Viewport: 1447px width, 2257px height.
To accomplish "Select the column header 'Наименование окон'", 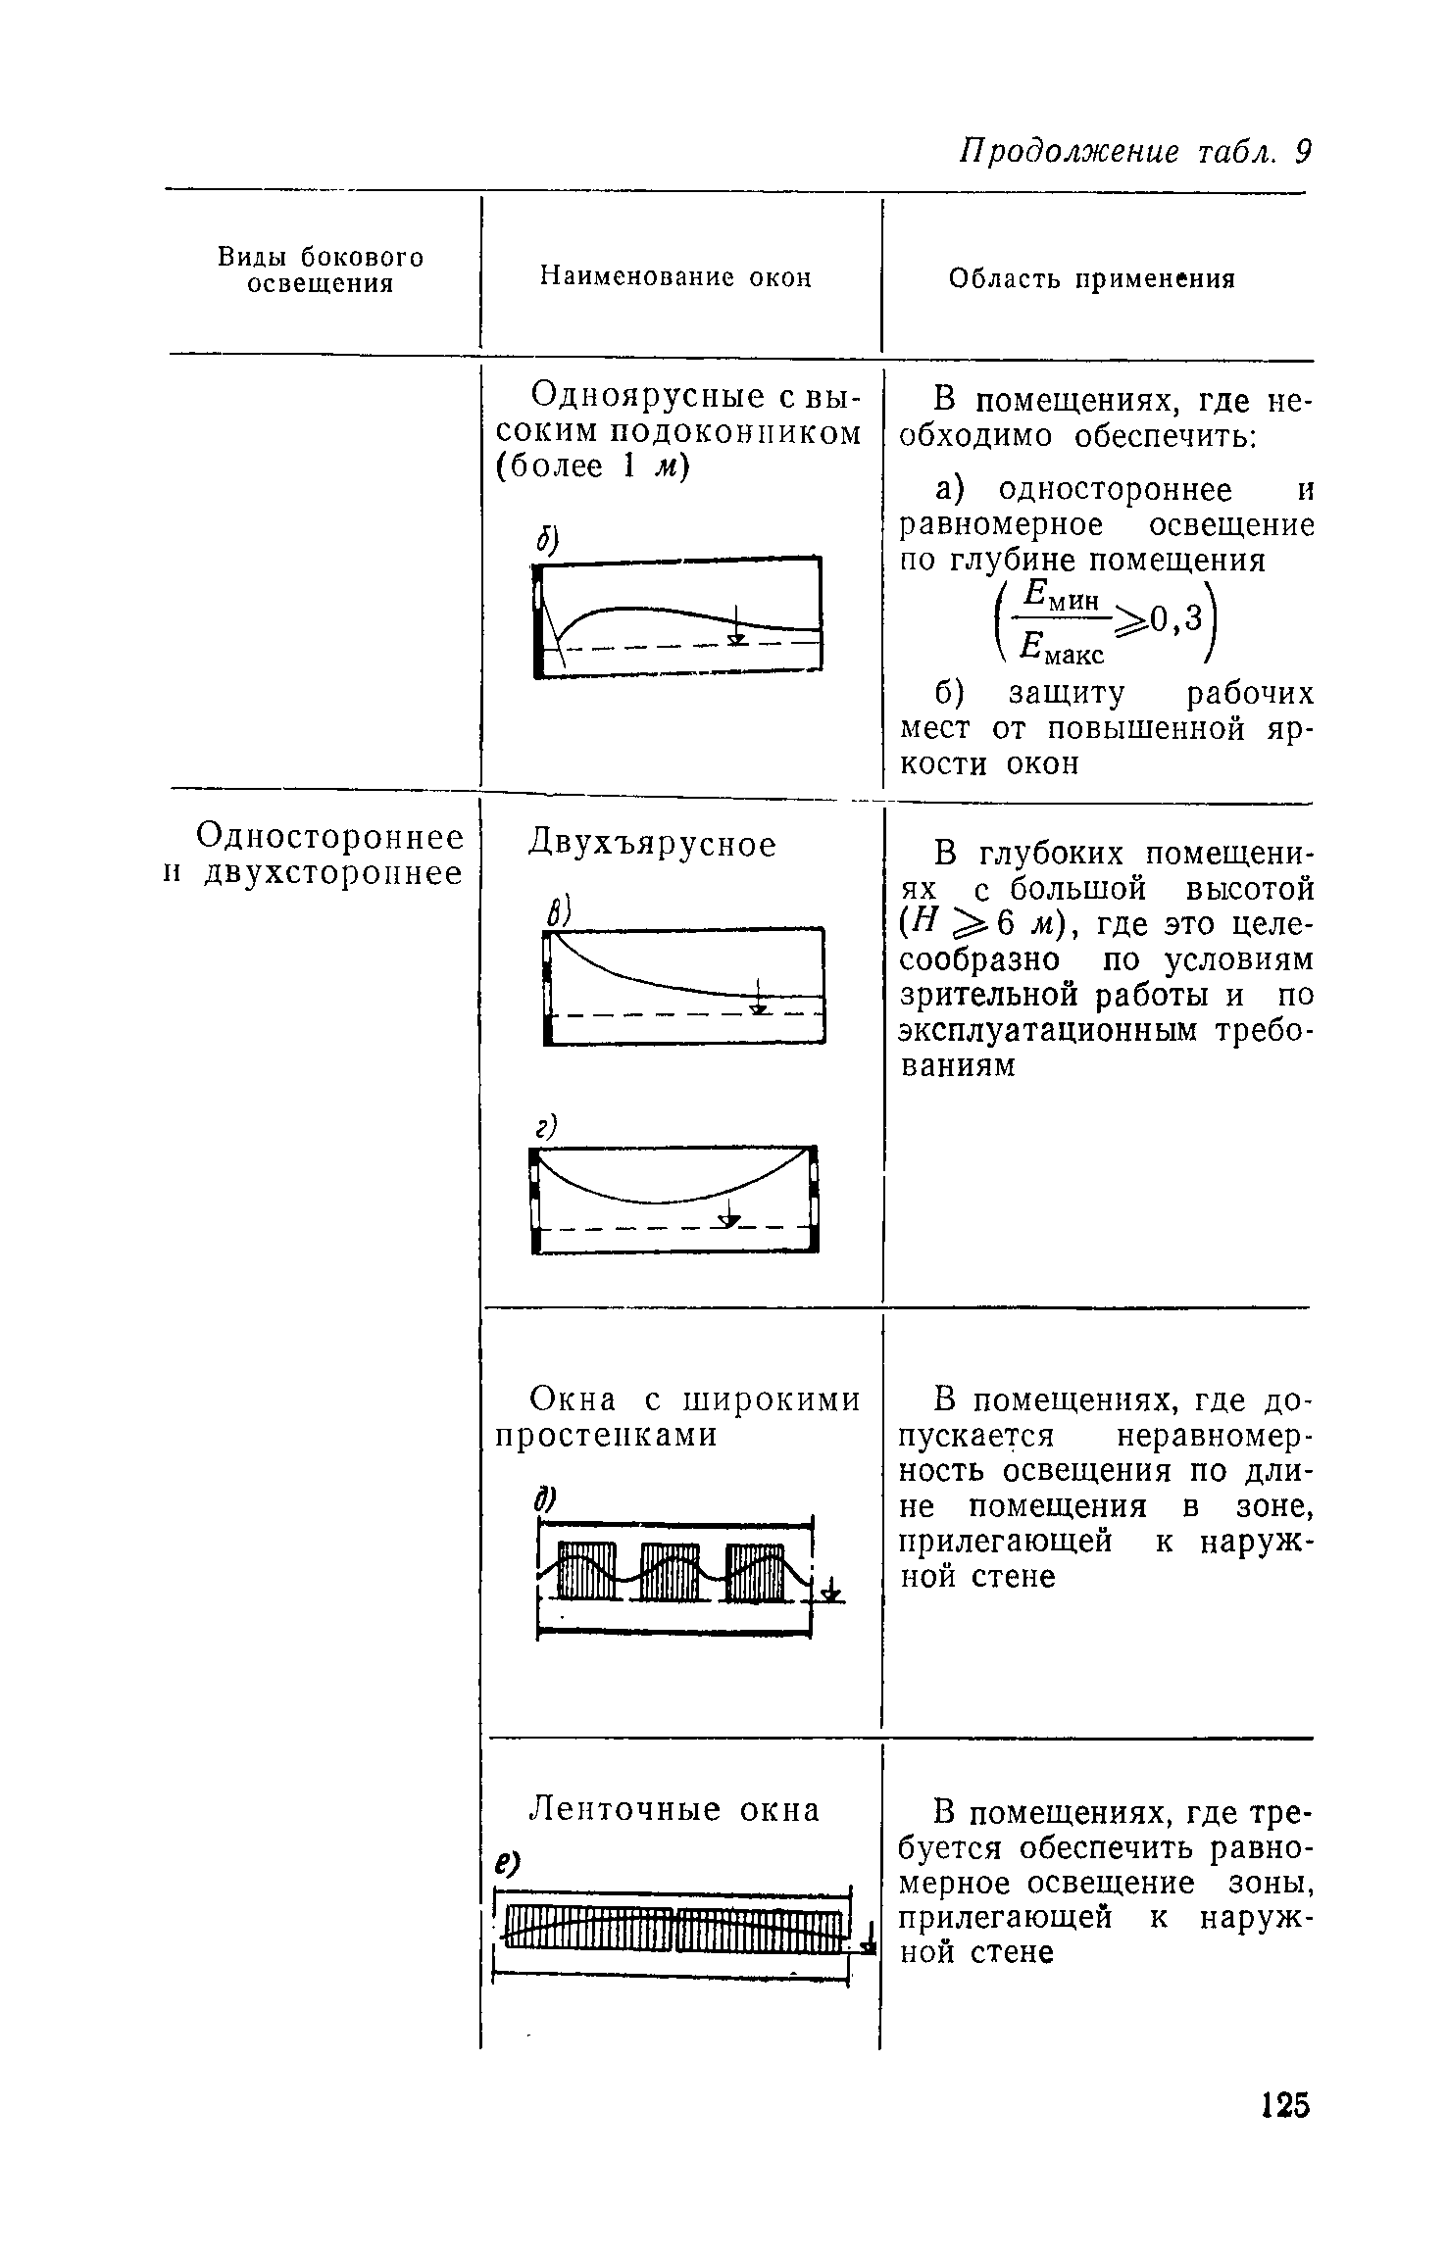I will (x=676, y=278).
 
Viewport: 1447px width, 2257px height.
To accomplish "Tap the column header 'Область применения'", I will (x=1092, y=279).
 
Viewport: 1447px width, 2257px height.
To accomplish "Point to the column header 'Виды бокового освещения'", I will (x=321, y=270).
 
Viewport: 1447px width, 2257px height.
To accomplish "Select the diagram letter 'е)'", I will (x=507, y=1860).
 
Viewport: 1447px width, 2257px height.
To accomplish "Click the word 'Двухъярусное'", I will (x=652, y=844).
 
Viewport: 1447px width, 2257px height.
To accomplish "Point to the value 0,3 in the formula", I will (x=1176, y=617).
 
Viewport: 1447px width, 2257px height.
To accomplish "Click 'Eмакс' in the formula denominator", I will (x=1062, y=647).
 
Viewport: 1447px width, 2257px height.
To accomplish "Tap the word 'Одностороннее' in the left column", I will (x=330, y=837).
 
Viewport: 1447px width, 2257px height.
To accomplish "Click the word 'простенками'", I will (x=607, y=1435).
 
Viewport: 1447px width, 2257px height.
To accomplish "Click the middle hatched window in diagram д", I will (x=670, y=1572).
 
